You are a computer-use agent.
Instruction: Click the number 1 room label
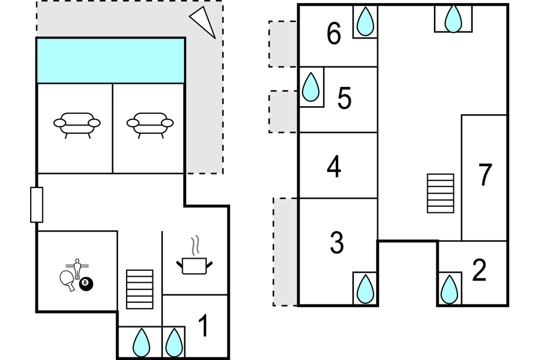204,326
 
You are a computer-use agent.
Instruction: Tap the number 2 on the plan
479,271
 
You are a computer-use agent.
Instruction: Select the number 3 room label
337,242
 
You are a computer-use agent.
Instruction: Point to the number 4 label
334,167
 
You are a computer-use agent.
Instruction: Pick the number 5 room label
344,98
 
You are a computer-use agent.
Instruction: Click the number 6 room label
334,34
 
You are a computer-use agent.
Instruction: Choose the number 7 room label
485,175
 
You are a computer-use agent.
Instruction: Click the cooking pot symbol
194,264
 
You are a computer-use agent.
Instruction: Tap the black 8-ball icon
86,282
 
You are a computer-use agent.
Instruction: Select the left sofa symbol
77,124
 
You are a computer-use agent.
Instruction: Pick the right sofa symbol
150,124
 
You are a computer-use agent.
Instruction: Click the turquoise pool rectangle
111,60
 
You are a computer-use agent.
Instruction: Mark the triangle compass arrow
204,22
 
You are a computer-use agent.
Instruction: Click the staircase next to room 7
441,193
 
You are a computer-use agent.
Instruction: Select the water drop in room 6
365,23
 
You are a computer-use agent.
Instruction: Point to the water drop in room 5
311,87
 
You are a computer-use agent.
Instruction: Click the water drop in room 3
365,289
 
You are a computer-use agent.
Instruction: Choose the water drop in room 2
450,289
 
